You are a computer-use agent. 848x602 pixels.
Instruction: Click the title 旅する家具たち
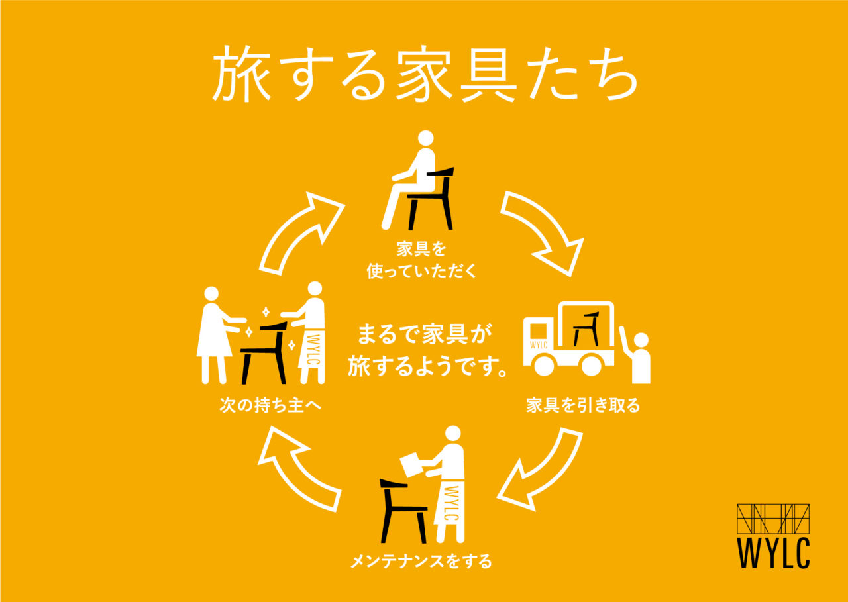425,74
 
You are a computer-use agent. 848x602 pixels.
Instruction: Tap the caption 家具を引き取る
583,405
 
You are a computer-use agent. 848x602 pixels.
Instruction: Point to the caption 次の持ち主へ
270,405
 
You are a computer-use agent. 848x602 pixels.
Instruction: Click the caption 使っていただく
421,271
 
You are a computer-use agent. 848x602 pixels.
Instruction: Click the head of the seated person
426,138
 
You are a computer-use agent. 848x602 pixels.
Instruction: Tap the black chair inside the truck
586,328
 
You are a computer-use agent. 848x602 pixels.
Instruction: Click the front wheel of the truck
543,365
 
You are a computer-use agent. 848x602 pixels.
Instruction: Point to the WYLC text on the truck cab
539,345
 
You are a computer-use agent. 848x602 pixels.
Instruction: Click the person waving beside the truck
636,358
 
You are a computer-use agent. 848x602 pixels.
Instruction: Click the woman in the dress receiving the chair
215,335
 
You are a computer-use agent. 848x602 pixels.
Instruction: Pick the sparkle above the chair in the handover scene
266,313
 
